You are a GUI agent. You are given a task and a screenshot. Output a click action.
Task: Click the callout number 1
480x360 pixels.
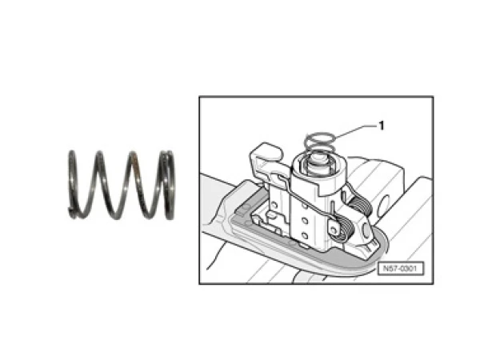tap(381, 126)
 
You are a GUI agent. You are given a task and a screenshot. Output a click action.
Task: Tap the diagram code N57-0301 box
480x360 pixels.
tap(400, 269)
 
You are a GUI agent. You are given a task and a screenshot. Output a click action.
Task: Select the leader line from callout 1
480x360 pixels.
tap(354, 130)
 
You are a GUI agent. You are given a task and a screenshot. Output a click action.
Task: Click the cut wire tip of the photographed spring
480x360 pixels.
tap(71, 210)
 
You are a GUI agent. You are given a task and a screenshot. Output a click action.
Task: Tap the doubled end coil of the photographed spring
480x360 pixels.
tap(168, 185)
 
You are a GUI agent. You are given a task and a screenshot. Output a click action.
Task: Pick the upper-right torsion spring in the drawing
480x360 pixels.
tap(361, 205)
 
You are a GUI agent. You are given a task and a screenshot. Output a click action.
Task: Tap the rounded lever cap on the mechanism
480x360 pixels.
tap(266, 152)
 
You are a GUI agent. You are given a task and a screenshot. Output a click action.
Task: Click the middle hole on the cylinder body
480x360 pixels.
tap(304, 221)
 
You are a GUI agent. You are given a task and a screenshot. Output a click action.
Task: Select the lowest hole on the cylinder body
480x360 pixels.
tap(304, 236)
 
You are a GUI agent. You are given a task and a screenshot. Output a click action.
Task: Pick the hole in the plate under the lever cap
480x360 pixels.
tap(274, 204)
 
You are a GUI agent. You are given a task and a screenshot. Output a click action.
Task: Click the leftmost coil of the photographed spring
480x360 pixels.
tap(72, 184)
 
